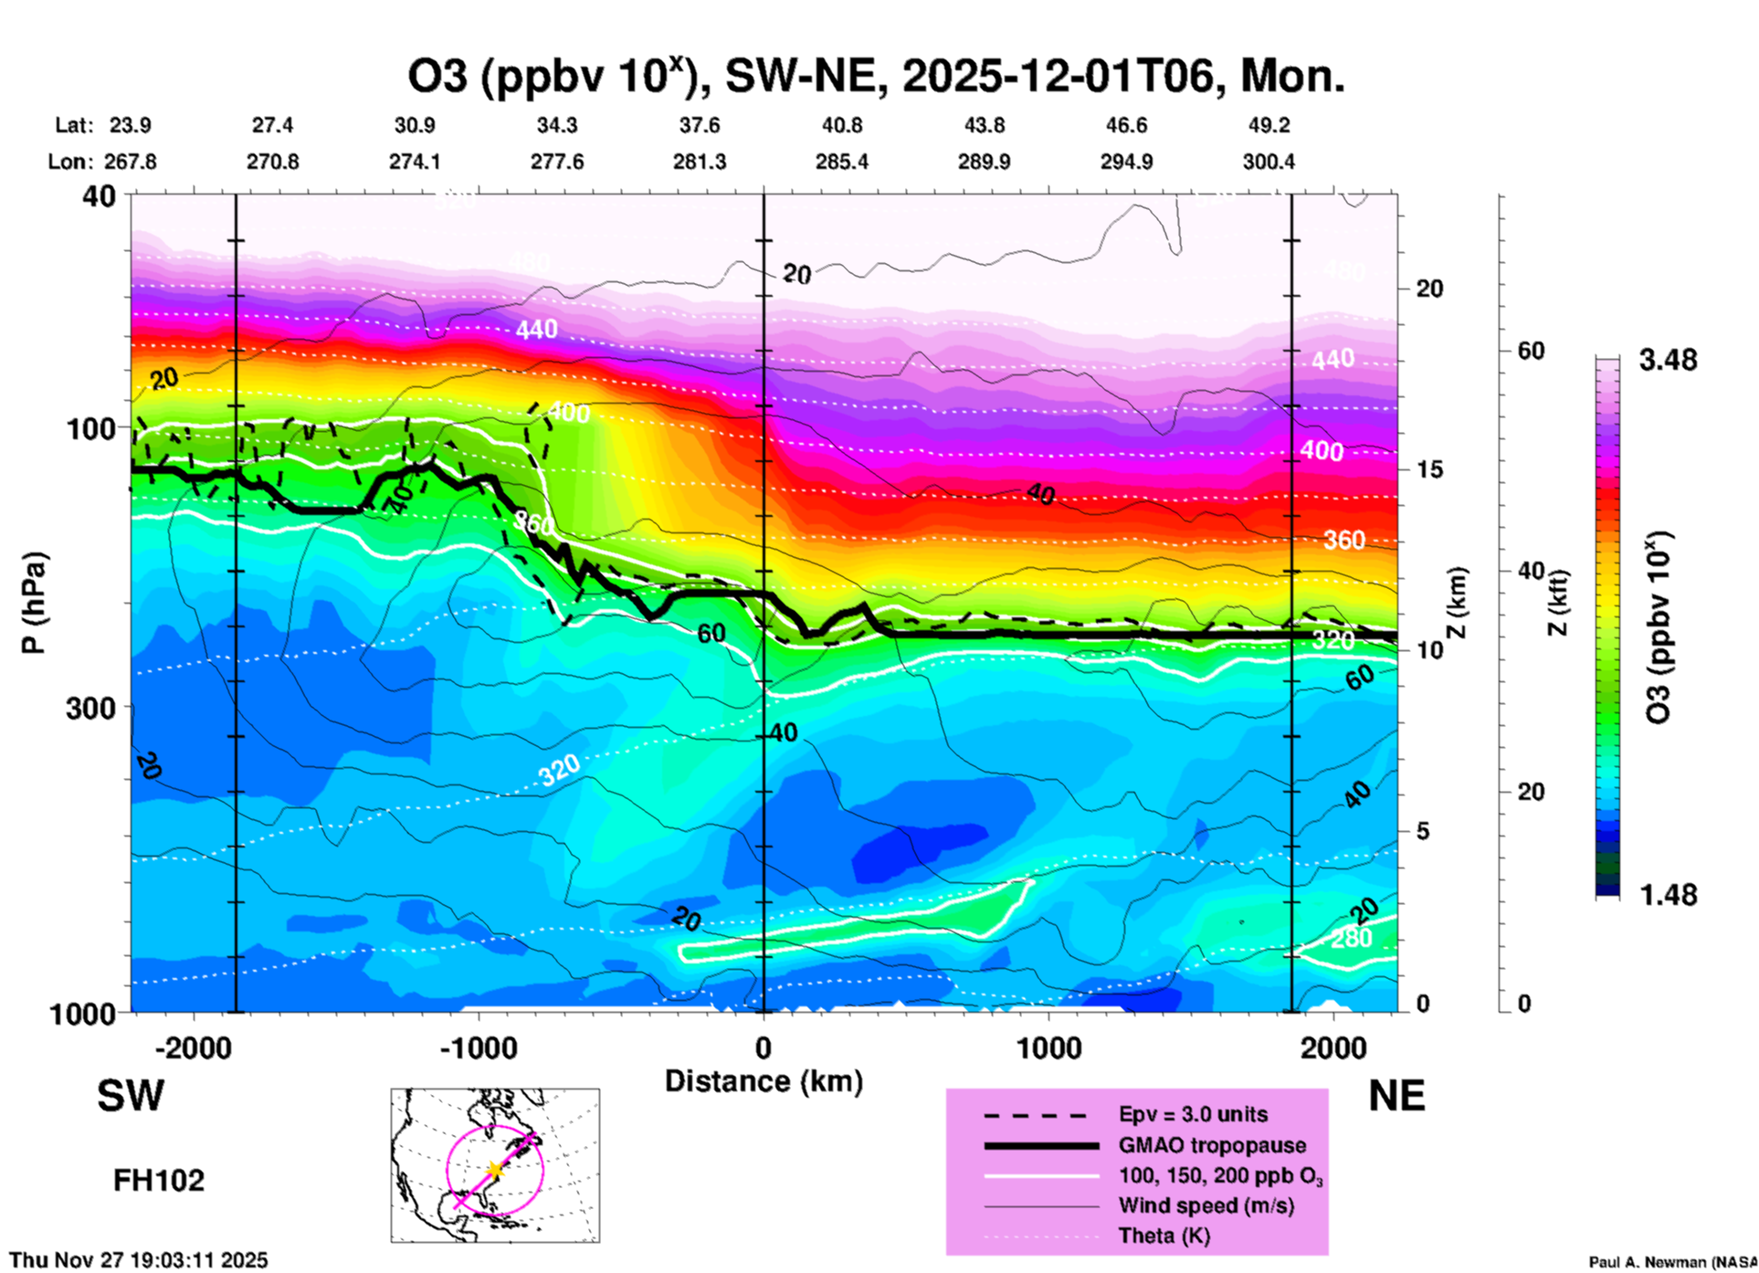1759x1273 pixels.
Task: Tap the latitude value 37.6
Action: click(700, 125)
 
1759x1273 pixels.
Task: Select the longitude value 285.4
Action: click(841, 162)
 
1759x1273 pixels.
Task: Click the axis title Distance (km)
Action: click(764, 1081)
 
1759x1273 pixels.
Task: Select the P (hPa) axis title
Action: click(33, 603)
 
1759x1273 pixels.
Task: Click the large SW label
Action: click(131, 1096)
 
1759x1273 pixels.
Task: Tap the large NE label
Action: click(1396, 1096)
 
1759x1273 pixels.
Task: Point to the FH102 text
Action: click(159, 1181)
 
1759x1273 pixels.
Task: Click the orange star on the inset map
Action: click(495, 1169)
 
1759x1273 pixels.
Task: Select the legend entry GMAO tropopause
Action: click(1212, 1145)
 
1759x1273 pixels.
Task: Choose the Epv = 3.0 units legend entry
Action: click(1193, 1114)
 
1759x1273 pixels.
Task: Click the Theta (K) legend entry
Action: click(1164, 1236)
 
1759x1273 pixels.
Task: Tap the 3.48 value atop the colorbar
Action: click(1668, 361)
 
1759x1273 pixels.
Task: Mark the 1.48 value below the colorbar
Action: click(1668, 895)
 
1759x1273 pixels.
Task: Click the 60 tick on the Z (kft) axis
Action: click(1531, 351)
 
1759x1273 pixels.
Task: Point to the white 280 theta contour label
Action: click(1351, 938)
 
